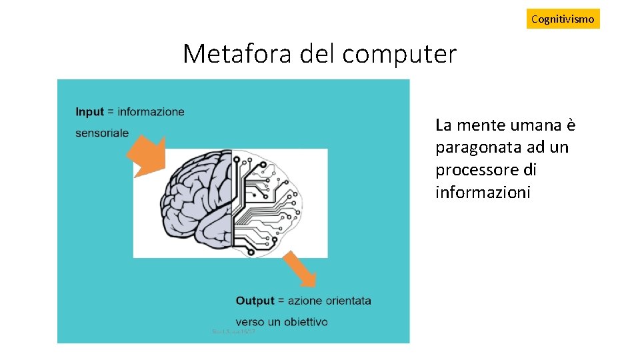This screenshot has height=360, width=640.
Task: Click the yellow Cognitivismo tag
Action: [x=563, y=19]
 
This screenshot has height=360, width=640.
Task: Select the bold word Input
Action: [x=89, y=112]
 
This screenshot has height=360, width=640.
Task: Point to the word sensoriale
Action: [x=102, y=133]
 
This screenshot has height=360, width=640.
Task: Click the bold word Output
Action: [x=255, y=301]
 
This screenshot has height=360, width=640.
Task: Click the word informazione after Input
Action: [x=151, y=112]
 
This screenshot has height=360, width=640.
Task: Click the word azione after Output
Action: [x=304, y=301]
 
